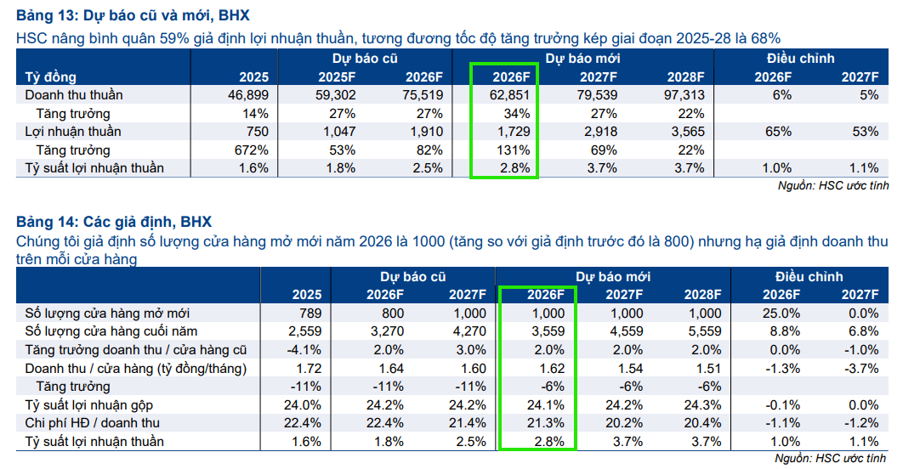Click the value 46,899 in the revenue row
(248, 95)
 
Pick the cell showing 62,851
(512, 95)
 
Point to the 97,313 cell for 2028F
(684, 95)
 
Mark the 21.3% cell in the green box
(546, 423)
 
